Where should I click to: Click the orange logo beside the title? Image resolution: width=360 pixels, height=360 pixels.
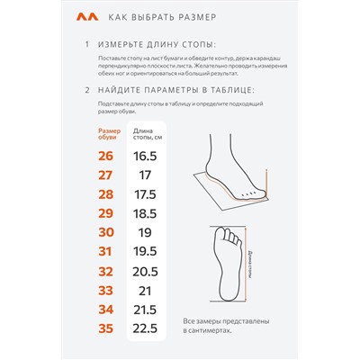tap(87, 17)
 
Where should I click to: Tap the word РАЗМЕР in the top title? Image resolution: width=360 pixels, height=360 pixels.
tap(197, 17)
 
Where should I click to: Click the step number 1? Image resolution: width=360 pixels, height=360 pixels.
tap(87, 45)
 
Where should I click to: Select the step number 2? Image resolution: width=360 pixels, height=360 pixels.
tap(87, 90)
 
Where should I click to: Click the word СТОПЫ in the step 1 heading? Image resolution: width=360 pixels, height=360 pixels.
tap(199, 45)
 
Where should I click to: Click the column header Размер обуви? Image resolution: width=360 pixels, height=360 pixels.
tap(110, 134)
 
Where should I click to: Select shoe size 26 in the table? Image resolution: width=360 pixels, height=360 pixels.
tap(105, 156)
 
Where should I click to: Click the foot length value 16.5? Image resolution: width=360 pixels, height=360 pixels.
tap(145, 156)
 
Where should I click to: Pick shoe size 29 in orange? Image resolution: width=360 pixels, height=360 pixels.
tap(105, 213)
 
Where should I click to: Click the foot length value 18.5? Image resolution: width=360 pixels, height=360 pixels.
tap(145, 213)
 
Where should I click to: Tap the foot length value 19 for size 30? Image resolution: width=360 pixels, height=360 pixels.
tap(145, 232)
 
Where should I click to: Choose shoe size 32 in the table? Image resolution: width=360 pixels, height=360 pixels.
tap(105, 272)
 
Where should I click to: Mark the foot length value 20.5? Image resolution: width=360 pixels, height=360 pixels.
tap(145, 272)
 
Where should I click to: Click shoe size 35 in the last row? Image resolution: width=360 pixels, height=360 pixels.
tap(105, 328)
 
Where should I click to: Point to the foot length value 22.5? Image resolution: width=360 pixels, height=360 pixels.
tap(145, 328)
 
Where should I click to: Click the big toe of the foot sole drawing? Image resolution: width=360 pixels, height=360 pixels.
tap(220, 233)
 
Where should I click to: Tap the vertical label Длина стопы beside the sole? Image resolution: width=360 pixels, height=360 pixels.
tap(250, 264)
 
